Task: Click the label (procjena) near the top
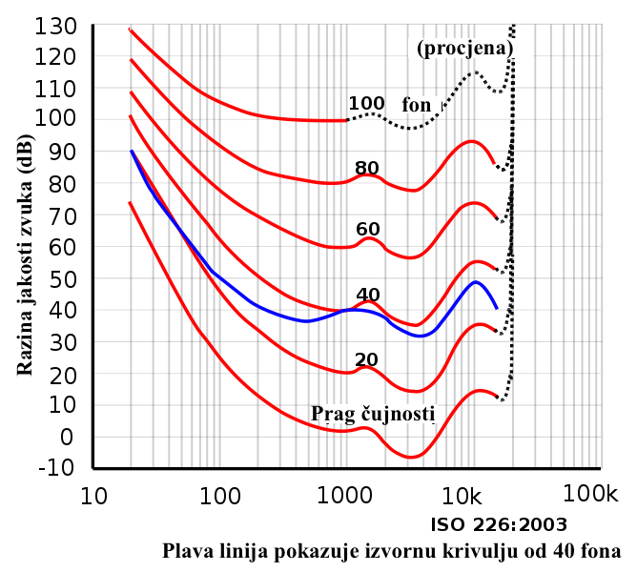469,48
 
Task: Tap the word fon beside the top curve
417,105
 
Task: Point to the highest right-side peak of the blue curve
475,282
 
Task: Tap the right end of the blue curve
497,307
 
